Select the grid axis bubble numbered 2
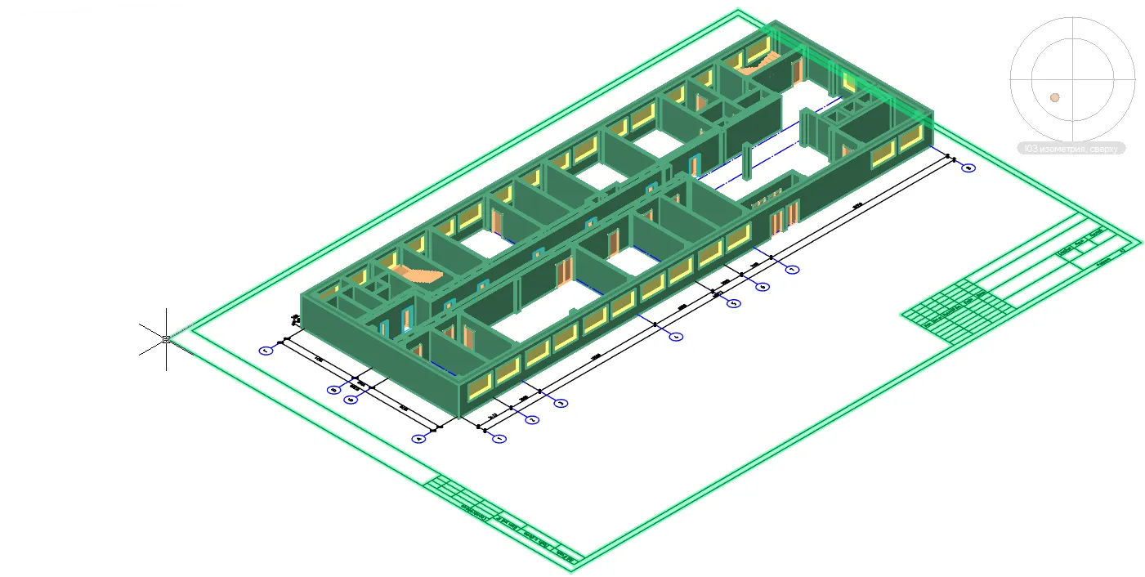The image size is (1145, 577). coord(531,420)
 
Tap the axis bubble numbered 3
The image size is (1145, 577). coord(561,403)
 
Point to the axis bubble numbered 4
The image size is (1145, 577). coord(676,336)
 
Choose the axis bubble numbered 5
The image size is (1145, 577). coord(734,303)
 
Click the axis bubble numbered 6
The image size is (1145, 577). coord(763,287)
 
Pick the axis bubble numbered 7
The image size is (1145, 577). coord(791,269)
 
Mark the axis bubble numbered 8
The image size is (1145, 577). coord(968,168)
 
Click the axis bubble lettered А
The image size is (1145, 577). coord(419,439)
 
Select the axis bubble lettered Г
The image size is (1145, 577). coord(266,351)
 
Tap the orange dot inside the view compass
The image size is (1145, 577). coord(1055,97)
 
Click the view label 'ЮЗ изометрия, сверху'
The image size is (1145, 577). coord(1071,149)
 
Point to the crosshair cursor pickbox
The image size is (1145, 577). coord(166,339)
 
